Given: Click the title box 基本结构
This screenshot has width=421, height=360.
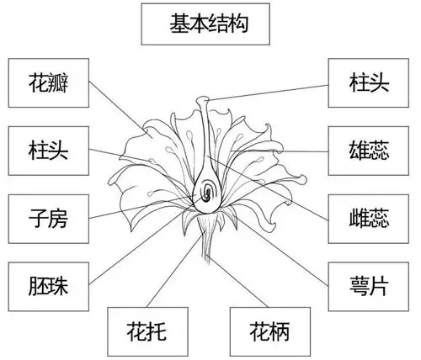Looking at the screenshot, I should tap(208, 24).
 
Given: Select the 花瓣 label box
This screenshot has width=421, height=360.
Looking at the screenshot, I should tap(47, 83).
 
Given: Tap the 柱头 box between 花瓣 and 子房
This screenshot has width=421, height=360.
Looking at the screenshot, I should tap(47, 151).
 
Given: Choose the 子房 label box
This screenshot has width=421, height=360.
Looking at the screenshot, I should tap(47, 219).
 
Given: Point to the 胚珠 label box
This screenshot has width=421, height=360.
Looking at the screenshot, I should tap(47, 285).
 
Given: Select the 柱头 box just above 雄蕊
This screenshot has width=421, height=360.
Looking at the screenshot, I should tap(369, 83).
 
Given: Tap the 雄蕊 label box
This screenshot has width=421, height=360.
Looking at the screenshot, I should tap(369, 151).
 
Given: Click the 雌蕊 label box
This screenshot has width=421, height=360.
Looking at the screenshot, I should tap(369, 219).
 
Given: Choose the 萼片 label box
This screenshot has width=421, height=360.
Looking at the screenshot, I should tap(369, 285).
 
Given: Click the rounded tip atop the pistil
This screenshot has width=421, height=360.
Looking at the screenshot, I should tap(203, 102).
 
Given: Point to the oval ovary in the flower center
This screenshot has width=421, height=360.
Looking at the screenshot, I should tap(204, 193).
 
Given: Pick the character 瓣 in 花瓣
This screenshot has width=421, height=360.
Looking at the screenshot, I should tap(60, 83).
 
